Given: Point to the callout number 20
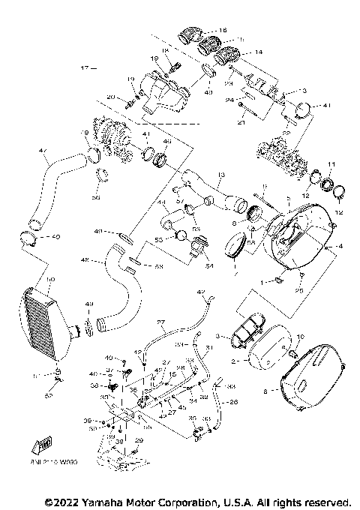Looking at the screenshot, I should point(110,97).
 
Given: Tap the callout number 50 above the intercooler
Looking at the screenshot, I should point(50,279).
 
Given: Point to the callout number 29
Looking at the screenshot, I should point(138,439).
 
